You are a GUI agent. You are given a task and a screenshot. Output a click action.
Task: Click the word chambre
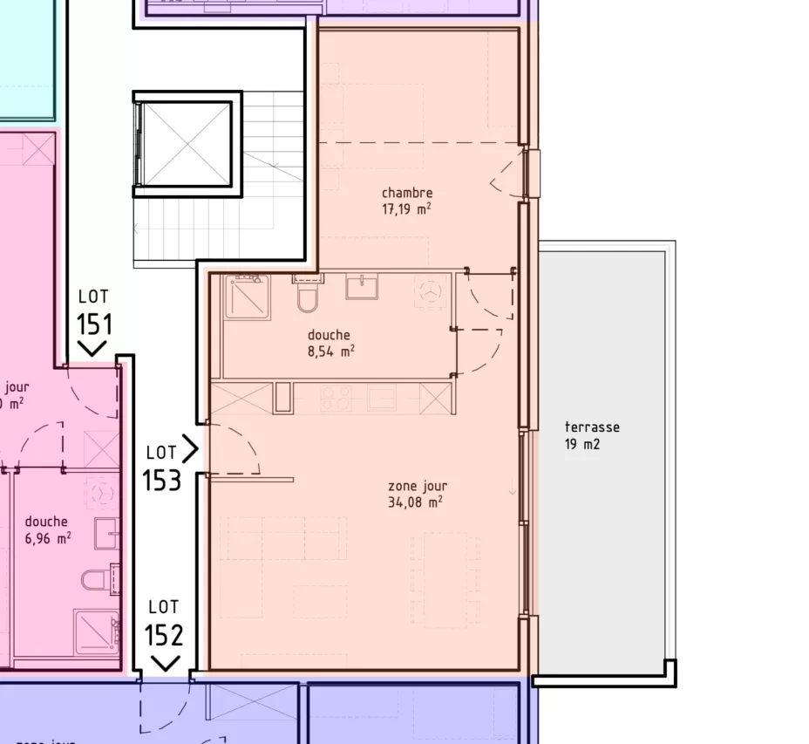coord(406,193)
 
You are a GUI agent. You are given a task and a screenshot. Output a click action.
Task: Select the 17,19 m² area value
coord(406,209)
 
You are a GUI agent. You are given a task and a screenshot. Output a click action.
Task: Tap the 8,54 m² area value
coord(330,352)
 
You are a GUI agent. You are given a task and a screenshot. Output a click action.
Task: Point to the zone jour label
coord(418,486)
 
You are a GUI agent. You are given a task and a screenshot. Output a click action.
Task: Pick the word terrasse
coord(592,427)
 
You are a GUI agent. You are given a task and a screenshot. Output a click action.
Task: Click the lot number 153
coord(162,480)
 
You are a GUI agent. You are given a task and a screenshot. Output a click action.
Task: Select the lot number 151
coord(94,324)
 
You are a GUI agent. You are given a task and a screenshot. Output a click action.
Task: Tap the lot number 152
coord(164,635)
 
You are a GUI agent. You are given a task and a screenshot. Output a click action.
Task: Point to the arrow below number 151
coord(92,349)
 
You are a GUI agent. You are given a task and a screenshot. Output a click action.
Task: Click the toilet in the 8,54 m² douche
coord(309,295)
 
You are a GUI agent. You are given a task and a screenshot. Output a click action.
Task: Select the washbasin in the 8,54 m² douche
coord(361,287)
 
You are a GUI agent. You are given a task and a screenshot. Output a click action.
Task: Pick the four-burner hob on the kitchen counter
coord(336,399)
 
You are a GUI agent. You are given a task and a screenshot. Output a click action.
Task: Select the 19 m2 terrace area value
coord(582,444)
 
